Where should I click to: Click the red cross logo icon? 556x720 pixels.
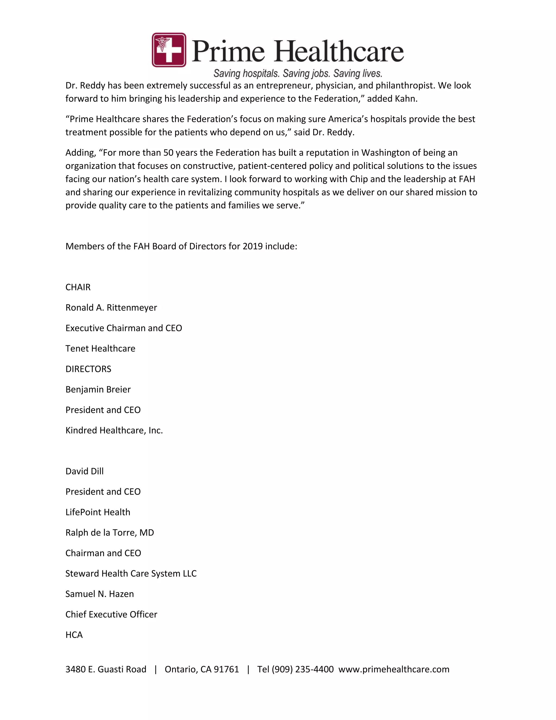[169, 50]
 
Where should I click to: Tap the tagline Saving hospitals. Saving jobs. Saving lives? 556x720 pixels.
[298, 73]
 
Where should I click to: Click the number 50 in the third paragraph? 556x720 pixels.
[168, 153]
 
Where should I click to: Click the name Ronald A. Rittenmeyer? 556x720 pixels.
[111, 308]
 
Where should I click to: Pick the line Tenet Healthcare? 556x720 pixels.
[100, 349]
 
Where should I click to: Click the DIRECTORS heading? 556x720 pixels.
[88, 369]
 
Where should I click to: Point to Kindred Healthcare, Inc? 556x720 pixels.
[114, 430]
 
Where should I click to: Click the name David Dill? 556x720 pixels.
[85, 471]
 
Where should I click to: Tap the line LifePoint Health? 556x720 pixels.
[98, 512]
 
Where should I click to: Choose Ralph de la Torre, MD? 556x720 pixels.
[110, 533]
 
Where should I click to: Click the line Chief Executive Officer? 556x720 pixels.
[111, 614]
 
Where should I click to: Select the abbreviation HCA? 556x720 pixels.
[74, 635]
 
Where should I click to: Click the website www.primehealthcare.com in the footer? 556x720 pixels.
[394, 669]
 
